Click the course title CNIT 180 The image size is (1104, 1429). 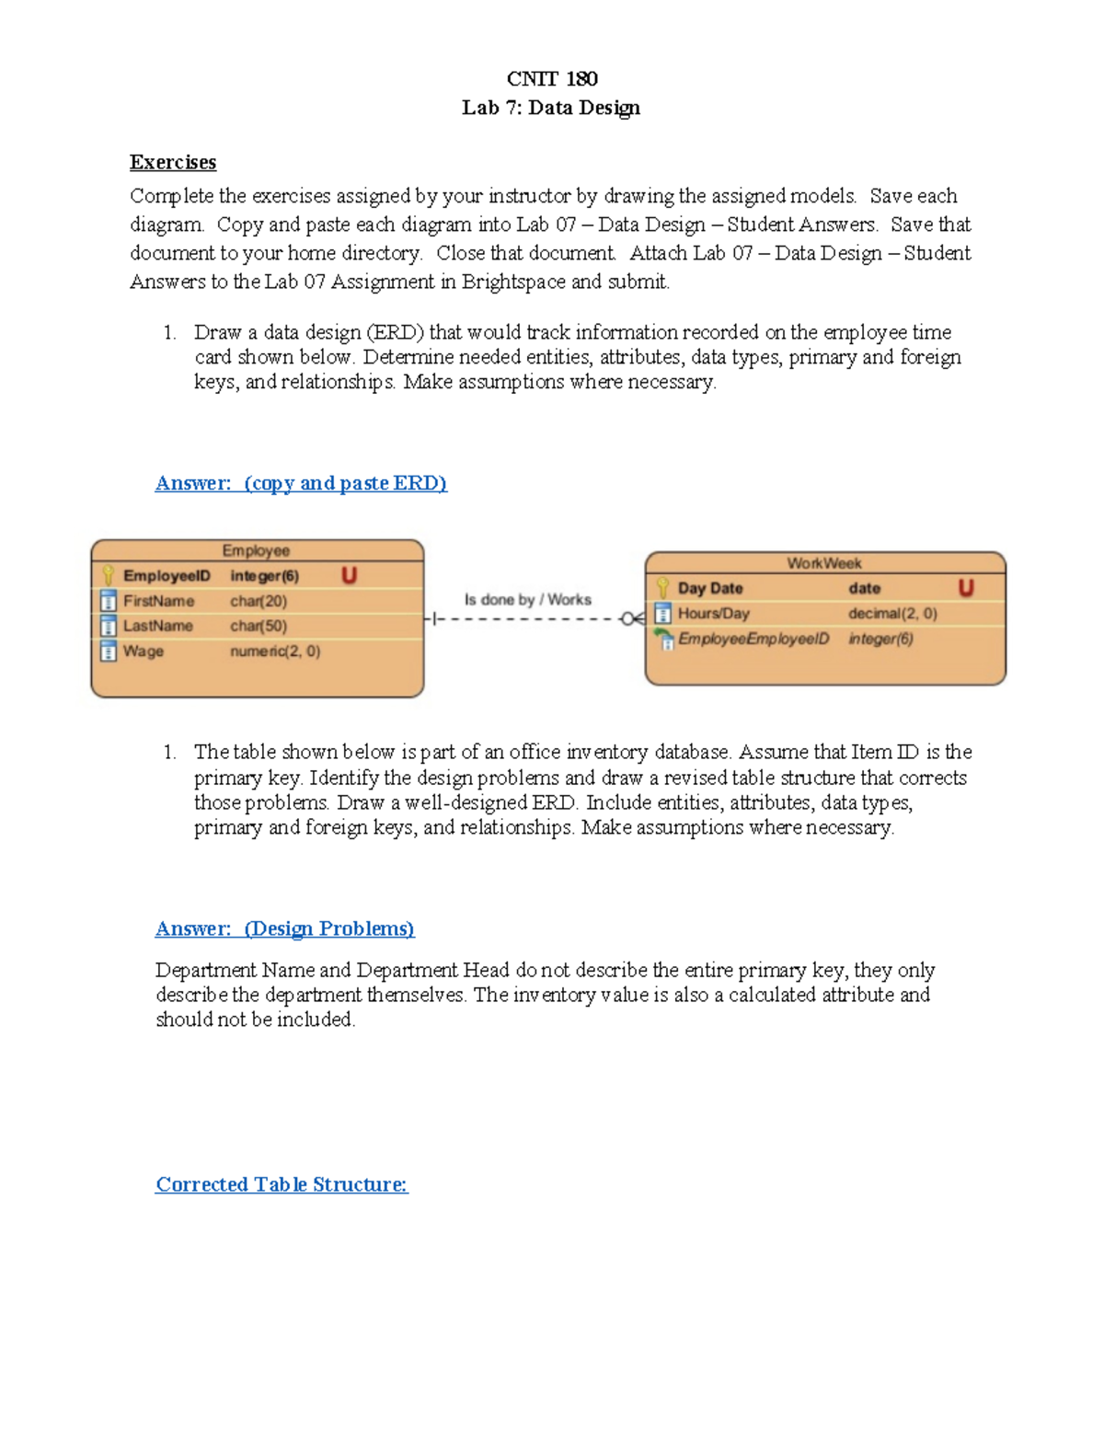[552, 79]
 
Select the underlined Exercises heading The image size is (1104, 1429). [173, 163]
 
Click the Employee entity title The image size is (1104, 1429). [256, 550]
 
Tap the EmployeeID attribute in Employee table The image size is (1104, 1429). [167, 576]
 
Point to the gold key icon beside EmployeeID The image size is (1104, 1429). [108, 576]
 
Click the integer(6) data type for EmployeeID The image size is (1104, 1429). [264, 576]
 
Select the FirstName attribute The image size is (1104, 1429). [158, 601]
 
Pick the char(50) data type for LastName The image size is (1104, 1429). [259, 626]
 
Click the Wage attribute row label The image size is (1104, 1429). [144, 651]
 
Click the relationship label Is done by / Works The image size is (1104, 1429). [527, 600]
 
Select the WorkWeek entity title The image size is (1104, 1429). [824, 563]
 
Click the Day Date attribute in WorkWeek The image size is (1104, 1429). [709, 588]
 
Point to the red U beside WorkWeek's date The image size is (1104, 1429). [965, 588]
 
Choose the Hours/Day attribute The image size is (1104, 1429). [713, 614]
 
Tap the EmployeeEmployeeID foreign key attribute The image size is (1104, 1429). [753, 639]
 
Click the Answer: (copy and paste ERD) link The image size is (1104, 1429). [301, 483]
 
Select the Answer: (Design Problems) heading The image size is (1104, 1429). [284, 928]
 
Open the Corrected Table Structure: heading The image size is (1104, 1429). [281, 1184]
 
